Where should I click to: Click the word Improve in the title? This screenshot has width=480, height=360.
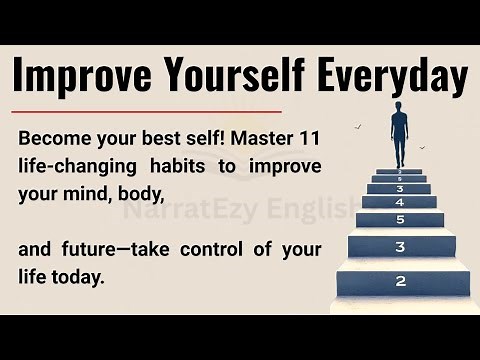[79, 76]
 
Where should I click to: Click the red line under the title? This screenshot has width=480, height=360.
[147, 112]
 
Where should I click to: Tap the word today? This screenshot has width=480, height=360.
[81, 276]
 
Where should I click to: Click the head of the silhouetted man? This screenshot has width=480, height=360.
[399, 106]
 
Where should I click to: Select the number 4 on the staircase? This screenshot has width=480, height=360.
[399, 202]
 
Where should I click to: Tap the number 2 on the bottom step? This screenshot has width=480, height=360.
[400, 281]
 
